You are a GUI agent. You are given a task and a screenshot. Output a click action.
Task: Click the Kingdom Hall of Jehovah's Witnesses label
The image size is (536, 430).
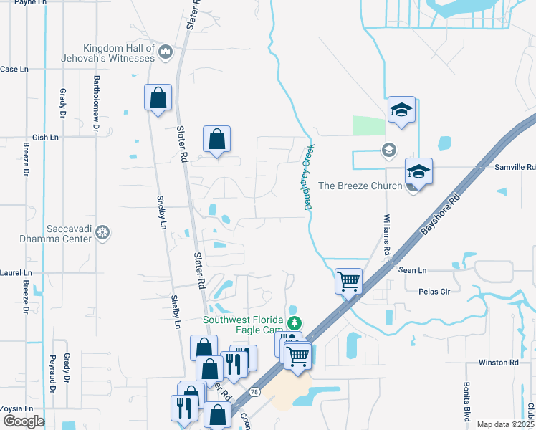pyautogui.click(x=118, y=52)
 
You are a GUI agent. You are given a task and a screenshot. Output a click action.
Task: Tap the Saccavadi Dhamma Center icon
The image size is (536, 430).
pyautogui.click(x=103, y=232)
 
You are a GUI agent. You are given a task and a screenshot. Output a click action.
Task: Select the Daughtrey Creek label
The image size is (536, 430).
pyautogui.click(x=310, y=175)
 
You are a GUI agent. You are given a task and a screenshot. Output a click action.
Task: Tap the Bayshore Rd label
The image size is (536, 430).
pyautogui.click(x=435, y=214)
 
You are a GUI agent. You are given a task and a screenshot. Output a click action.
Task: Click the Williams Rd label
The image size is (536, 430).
pyautogui.click(x=388, y=232)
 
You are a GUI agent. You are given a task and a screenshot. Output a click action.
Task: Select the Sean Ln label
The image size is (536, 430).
pyautogui.click(x=412, y=270)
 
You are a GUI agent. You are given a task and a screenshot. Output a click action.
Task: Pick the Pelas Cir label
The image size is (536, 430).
pyautogui.click(x=434, y=292)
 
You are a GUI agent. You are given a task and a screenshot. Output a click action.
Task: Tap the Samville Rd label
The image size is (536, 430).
pyautogui.click(x=515, y=167)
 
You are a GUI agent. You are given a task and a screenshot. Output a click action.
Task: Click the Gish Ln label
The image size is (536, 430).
pyautogui.click(x=45, y=137)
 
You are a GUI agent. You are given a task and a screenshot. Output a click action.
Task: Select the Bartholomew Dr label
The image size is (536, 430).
pyautogui.click(x=95, y=104)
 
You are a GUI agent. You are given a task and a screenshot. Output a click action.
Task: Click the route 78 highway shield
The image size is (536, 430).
pyautogui.click(x=254, y=392)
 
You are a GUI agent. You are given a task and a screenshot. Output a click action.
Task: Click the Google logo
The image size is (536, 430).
pyautogui.click(x=23, y=421)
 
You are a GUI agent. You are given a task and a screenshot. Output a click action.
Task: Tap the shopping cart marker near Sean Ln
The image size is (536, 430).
pyautogui.click(x=348, y=280)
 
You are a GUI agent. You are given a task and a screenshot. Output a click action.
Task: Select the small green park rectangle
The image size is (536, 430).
pyautogui.click(x=369, y=125)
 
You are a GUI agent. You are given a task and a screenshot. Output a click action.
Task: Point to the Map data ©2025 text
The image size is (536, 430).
pyautogui.click(x=504, y=424)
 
